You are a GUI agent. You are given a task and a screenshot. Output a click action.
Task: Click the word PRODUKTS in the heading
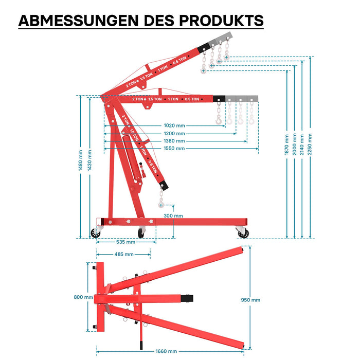pyautogui.click(x=221, y=21)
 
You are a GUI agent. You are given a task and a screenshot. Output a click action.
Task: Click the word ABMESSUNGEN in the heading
pyautogui.click(x=79, y=21)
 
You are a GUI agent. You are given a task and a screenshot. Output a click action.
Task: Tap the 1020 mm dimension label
pyautogui.click(x=174, y=125)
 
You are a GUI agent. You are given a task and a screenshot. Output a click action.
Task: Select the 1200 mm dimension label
pyautogui.click(x=174, y=133)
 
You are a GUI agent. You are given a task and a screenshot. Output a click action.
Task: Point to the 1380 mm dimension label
pyautogui.click(x=174, y=141)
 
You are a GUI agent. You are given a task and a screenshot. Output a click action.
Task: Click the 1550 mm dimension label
pyautogui.click(x=174, y=148)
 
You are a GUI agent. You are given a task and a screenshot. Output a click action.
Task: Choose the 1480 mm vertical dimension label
pyautogui.click(x=80, y=160)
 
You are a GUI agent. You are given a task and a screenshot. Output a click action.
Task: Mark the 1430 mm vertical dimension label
pyautogui.click(x=89, y=160)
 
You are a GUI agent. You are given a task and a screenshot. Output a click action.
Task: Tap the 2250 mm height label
pyautogui.click(x=310, y=144)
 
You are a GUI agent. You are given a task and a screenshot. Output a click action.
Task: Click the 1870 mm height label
pyautogui.click(x=286, y=145)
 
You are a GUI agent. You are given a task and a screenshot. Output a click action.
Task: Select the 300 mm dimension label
pyautogui.click(x=173, y=216)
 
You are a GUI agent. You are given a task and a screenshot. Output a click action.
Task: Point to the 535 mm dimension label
pyautogui.click(x=125, y=242)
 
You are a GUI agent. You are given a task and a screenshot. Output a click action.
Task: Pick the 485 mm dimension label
pyautogui.click(x=124, y=254)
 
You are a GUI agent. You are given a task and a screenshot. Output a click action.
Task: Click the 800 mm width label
pyautogui.click(x=83, y=297)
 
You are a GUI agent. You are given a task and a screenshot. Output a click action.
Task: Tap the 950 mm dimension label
pyautogui.click(x=250, y=300)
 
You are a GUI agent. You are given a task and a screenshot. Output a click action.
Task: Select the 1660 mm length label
pyautogui.click(x=166, y=351)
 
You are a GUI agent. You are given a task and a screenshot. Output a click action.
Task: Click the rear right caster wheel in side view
pyautogui.click(x=243, y=233)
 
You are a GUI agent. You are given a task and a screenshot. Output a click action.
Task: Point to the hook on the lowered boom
pyautogui.click(x=161, y=204)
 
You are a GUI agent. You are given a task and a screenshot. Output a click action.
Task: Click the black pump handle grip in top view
pyautogui.click(x=141, y=345)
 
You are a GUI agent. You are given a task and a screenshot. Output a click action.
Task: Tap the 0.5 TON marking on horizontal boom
pyautogui.click(x=192, y=99)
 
